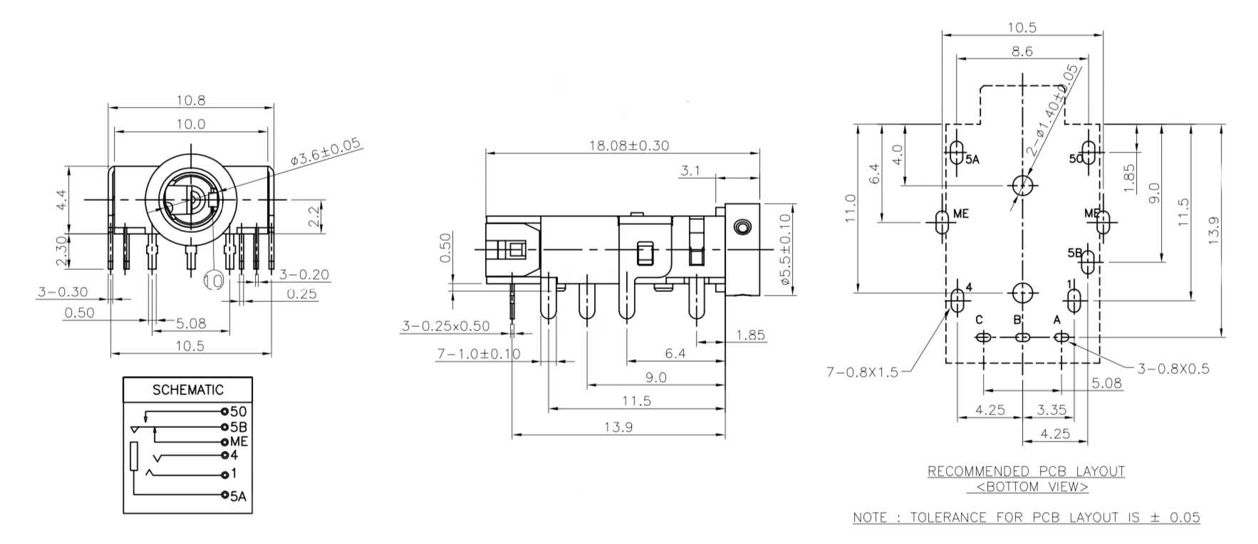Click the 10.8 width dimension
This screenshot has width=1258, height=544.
click(x=191, y=100)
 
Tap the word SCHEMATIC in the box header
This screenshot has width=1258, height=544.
click(x=188, y=389)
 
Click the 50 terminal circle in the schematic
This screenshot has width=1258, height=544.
click(x=224, y=412)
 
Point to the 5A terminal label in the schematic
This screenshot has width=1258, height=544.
click(x=239, y=496)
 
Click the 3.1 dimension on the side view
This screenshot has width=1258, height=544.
click(x=691, y=171)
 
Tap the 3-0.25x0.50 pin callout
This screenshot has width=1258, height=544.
click(x=446, y=326)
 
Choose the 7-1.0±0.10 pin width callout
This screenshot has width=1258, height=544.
click(x=478, y=354)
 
